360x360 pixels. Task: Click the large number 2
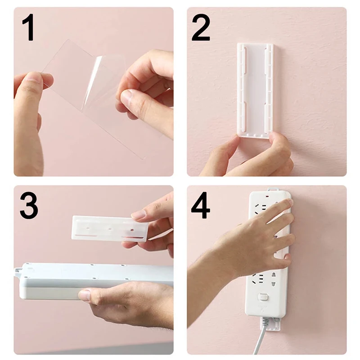click(201, 28)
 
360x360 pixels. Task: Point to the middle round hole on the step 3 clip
click(109, 229)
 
